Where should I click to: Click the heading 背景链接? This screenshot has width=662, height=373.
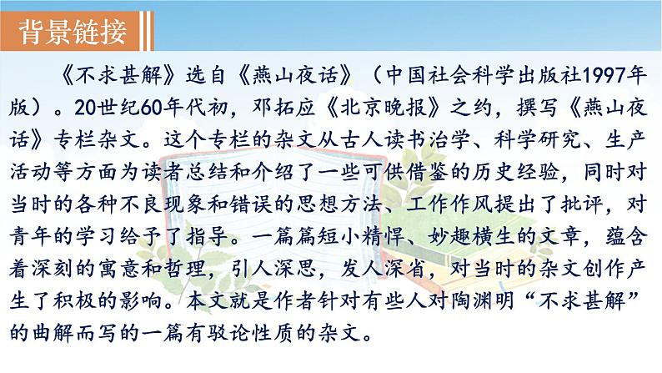(73, 32)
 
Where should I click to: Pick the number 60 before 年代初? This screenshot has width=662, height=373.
(152, 108)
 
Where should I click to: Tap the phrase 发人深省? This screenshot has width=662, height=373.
(383, 269)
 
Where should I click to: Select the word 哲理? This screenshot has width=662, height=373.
(185, 269)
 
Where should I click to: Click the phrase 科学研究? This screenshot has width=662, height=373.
(537, 140)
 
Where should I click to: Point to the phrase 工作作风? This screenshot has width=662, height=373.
(449, 204)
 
